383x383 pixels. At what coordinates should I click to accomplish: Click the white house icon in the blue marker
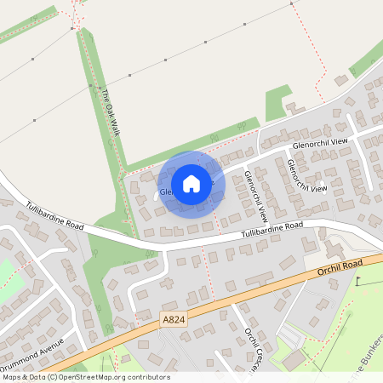(191, 183)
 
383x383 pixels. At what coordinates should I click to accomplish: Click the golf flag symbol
(359, 282)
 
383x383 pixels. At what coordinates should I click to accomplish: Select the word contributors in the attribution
(149, 377)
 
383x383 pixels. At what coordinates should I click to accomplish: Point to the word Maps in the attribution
(12, 377)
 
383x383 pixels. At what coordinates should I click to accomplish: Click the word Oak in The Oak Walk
(109, 111)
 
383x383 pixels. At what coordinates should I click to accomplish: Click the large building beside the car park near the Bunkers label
(294, 359)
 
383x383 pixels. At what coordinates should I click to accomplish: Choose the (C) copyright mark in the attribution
(52, 377)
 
